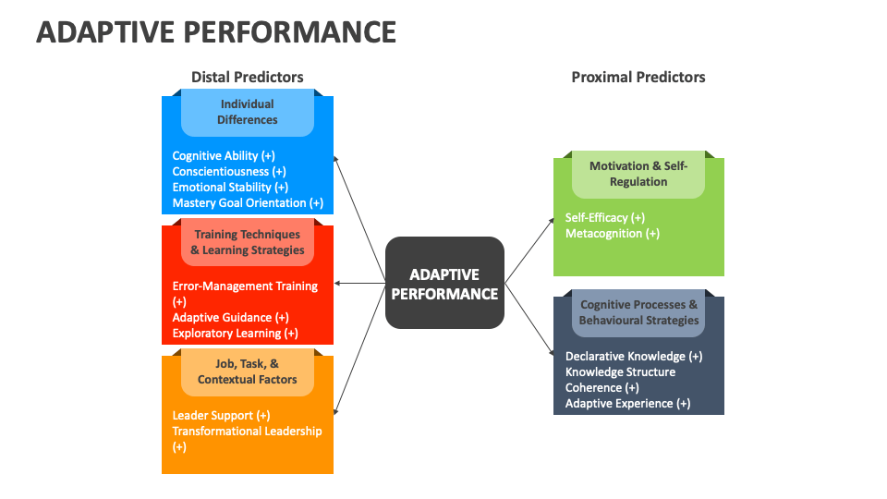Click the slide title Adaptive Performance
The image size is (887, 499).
[216, 31]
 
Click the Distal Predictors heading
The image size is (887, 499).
[247, 77]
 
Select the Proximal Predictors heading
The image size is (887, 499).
[638, 77]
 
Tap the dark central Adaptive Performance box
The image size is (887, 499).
[444, 284]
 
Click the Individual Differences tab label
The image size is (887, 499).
[247, 112]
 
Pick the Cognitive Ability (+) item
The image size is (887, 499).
[224, 156]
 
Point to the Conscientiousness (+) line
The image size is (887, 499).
[229, 172]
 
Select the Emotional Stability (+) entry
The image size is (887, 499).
[230, 188]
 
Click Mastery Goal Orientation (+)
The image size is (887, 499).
[248, 203]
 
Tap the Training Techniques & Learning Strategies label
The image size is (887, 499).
[247, 242]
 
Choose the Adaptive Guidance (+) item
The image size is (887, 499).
[230, 318]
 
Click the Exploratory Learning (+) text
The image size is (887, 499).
[235, 334]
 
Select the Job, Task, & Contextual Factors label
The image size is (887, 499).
[247, 371]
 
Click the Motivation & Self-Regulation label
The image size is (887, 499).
[638, 174]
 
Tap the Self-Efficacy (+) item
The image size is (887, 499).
[604, 218]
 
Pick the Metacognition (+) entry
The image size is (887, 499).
[612, 234]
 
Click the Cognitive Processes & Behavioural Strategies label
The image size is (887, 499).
[638, 312]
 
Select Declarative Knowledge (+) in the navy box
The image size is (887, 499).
[633, 357]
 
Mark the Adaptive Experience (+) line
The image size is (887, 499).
[627, 404]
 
